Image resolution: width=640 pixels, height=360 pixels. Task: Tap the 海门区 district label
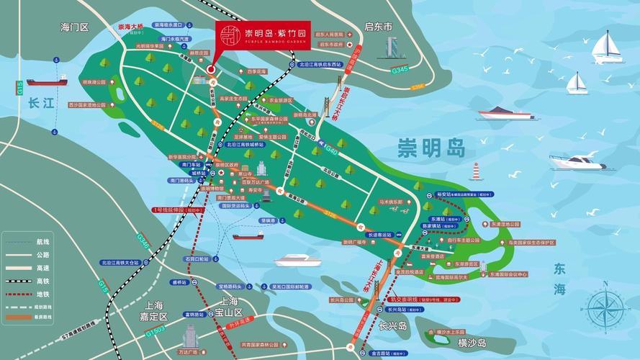click(74, 27)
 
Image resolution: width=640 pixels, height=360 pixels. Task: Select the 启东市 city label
click(379, 27)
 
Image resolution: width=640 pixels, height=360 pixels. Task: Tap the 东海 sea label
click(559, 279)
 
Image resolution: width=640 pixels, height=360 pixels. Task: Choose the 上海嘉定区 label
click(152, 310)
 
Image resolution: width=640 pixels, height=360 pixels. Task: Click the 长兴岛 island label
click(394, 325)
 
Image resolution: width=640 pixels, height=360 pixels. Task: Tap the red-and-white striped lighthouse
click(475, 171)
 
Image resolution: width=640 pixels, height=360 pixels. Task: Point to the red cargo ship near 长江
click(46, 81)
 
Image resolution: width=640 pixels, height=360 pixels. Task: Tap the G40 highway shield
click(332, 150)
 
